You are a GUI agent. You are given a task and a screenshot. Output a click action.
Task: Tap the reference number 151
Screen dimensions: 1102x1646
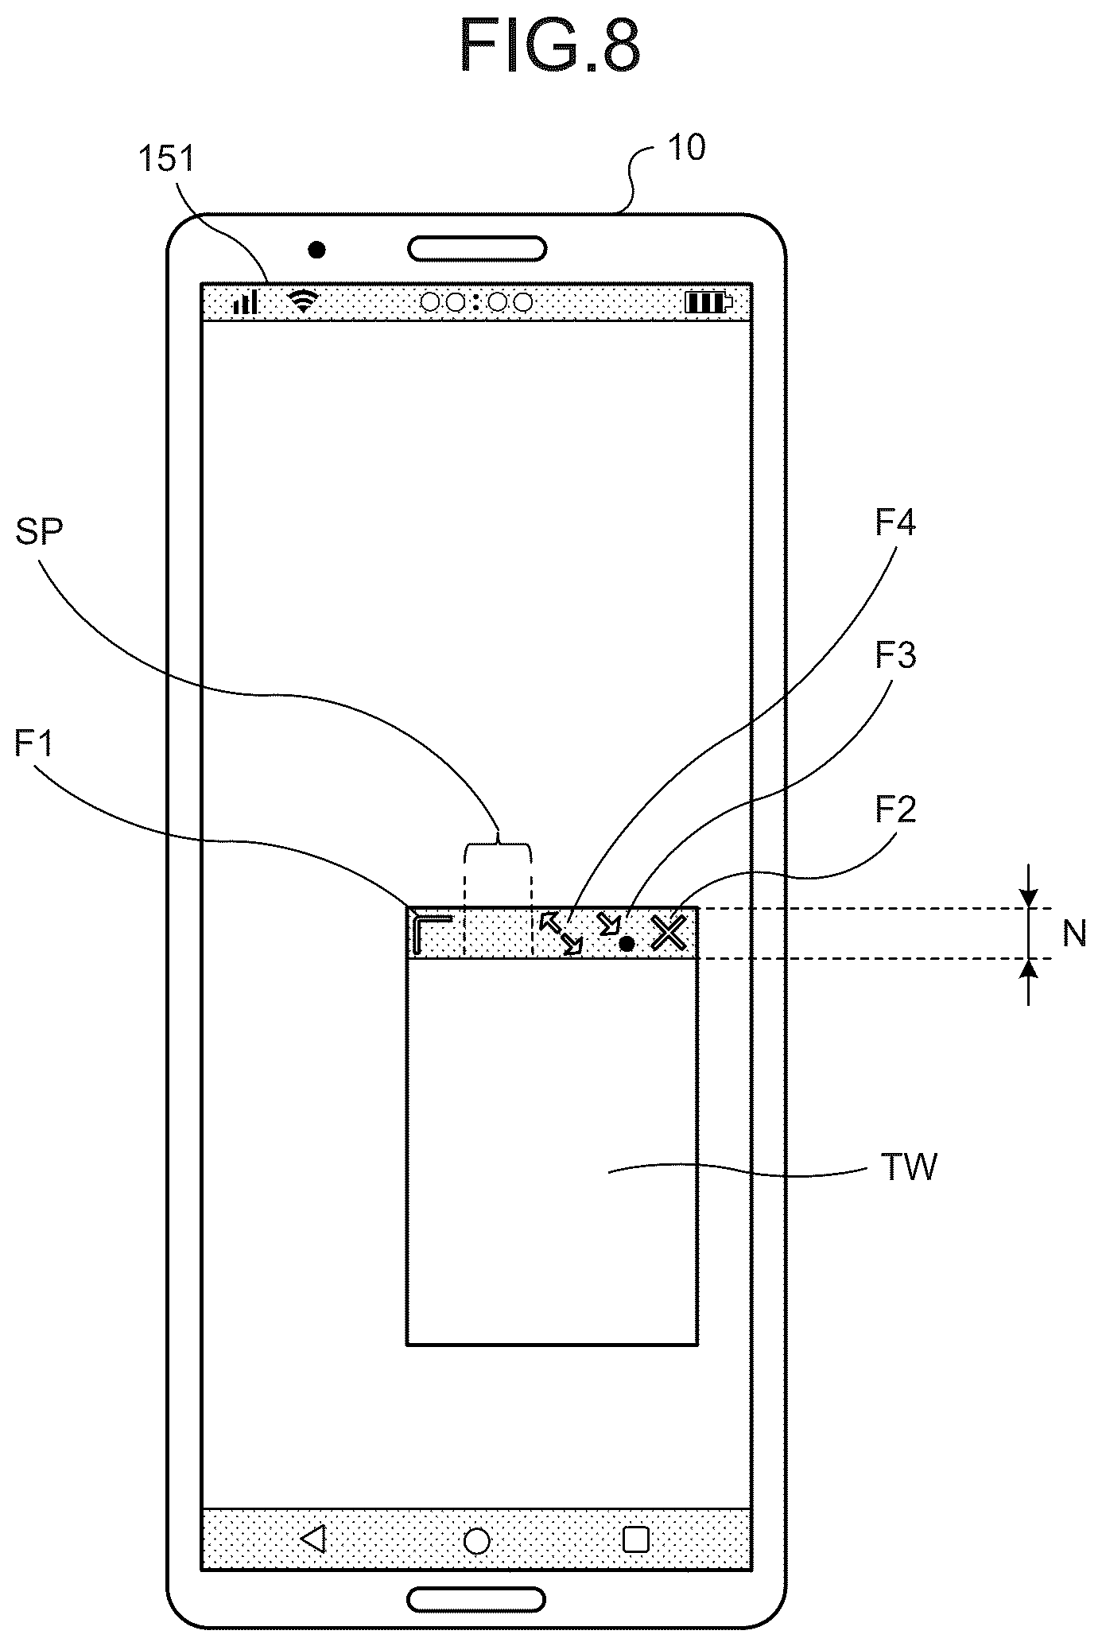(167, 159)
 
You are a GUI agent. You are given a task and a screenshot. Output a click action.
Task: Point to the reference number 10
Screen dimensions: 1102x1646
(687, 148)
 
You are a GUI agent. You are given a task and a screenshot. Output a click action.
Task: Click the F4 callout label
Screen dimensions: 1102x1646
(896, 523)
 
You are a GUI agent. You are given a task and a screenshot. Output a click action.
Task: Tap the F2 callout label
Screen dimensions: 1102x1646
(896, 809)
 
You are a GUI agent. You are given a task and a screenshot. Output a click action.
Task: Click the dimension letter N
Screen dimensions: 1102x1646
(1074, 934)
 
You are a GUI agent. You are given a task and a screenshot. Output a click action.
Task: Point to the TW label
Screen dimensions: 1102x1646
(910, 1168)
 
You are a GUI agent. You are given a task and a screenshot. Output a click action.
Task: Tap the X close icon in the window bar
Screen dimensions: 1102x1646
(669, 932)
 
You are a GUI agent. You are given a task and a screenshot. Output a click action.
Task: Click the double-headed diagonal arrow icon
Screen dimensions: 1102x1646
(561, 934)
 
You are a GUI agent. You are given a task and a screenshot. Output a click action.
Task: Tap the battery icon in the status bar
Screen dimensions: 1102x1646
(709, 302)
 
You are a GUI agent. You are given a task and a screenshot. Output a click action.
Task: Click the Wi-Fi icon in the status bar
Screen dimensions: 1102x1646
(303, 301)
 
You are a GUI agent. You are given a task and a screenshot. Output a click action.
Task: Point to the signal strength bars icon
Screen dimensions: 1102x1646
(246, 301)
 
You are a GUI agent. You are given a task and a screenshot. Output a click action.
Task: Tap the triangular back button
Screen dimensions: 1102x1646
(314, 1539)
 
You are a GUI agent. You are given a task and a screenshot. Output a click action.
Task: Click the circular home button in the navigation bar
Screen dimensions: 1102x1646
(476, 1540)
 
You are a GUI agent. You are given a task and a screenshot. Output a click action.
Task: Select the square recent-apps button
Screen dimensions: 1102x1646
(636, 1539)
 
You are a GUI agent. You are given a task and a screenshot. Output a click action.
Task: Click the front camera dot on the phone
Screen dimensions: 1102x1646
(317, 250)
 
